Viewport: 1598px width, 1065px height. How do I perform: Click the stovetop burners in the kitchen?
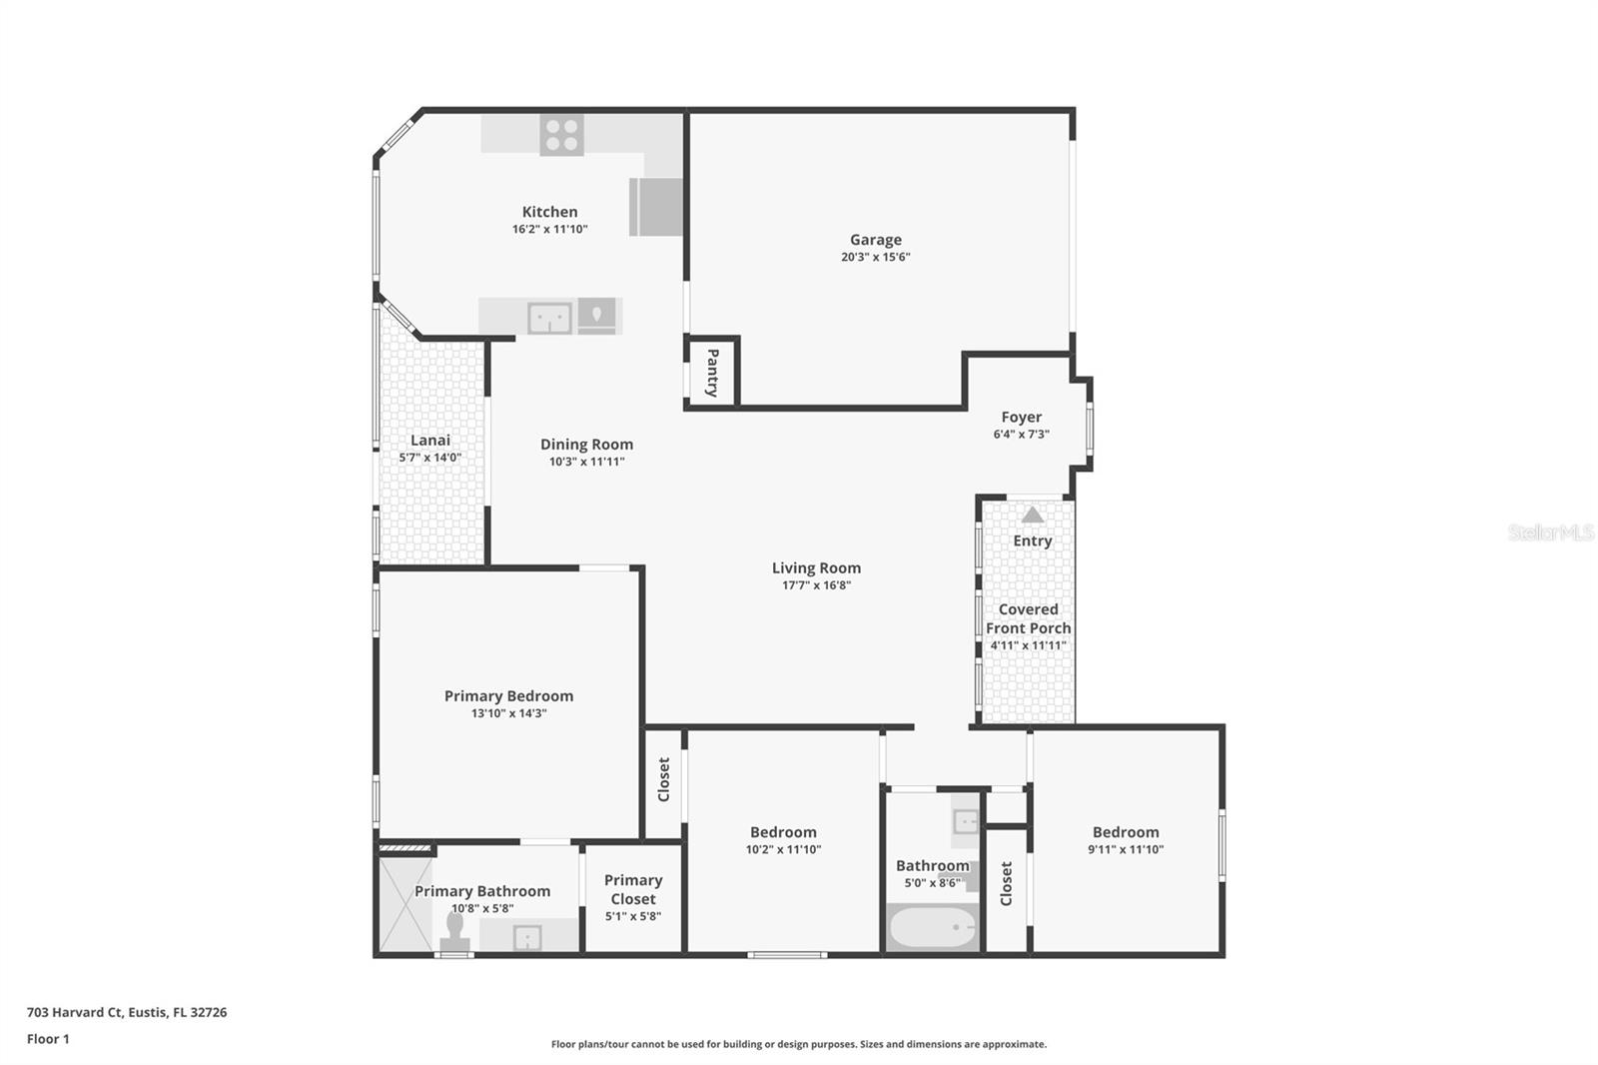point(561,135)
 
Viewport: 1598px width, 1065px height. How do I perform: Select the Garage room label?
point(876,240)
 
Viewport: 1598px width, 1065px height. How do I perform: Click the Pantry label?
point(712,373)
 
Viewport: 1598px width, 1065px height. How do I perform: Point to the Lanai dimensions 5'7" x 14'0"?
point(430,458)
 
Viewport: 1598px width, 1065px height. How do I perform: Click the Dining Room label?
point(586,445)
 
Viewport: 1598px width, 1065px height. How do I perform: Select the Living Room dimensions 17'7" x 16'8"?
point(816,585)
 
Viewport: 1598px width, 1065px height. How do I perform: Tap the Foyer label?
point(1021,417)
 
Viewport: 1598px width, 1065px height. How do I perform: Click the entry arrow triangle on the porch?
point(1033,515)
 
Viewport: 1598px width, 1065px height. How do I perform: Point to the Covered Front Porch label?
point(1029,618)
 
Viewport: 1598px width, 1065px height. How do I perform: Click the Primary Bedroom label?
point(508,695)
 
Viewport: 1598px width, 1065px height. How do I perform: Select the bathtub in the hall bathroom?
point(933,928)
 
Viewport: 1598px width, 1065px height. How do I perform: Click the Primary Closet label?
point(633,889)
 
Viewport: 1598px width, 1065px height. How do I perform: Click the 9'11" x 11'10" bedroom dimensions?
point(1126,849)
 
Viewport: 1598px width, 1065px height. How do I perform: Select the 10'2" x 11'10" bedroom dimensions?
point(783,849)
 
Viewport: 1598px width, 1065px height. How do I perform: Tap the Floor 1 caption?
point(48,1039)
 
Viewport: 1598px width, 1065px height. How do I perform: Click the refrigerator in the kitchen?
point(656,207)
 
